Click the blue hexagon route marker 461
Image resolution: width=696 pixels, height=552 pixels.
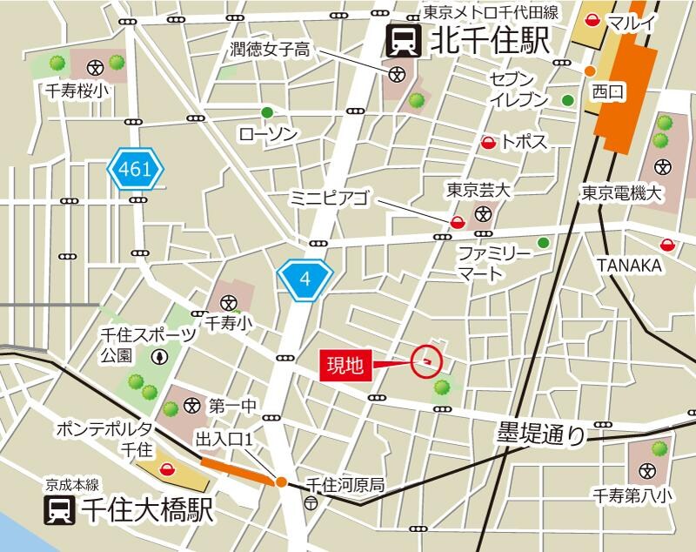(136, 170)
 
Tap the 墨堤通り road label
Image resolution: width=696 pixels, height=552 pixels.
(541, 433)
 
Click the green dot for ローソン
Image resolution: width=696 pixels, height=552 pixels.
(267, 112)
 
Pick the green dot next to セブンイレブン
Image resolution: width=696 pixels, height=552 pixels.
(568, 100)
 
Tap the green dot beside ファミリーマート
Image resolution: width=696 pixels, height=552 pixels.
(544, 243)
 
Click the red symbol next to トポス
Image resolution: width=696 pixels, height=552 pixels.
(489, 142)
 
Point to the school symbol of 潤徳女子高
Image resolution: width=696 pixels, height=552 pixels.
(397, 74)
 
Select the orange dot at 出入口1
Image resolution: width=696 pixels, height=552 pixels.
(281, 481)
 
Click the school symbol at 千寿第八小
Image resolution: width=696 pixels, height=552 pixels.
(646, 471)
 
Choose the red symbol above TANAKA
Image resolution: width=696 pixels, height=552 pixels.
(667, 246)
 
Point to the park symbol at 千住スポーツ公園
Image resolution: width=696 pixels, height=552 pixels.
(160, 356)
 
